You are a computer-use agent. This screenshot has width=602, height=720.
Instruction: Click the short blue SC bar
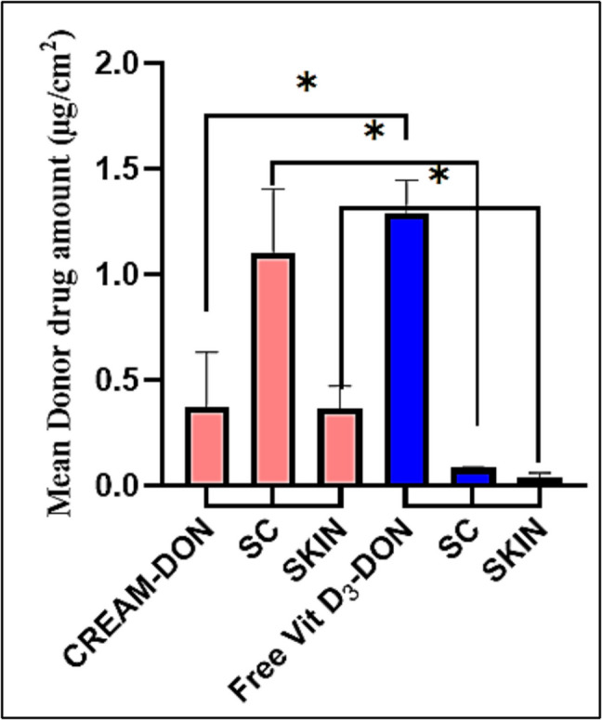(x=474, y=476)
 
